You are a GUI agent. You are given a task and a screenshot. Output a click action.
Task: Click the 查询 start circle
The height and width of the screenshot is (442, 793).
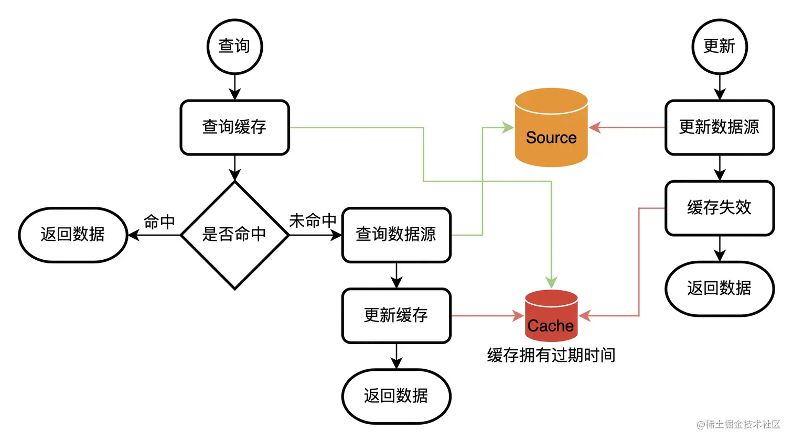pos(234,47)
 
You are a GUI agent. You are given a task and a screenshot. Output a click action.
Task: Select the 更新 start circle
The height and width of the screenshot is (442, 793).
pos(719,47)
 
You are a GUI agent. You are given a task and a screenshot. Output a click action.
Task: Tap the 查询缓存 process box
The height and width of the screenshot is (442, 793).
pos(234,127)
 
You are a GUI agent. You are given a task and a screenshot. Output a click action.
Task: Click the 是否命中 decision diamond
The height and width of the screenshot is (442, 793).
pos(234,235)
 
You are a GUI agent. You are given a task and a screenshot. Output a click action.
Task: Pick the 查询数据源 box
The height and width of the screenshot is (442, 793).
pos(396,235)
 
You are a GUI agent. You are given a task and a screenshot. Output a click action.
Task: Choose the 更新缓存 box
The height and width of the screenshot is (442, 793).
pos(396,315)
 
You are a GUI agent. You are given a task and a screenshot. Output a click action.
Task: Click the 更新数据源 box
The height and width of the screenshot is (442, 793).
pos(719,127)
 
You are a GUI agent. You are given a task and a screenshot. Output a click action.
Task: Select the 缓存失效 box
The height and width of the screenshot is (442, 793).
pos(719,208)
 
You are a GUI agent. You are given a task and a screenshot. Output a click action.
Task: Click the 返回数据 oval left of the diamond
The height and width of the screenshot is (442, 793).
pos(73,235)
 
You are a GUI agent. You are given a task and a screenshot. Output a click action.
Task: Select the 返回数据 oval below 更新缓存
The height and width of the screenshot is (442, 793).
pos(396,396)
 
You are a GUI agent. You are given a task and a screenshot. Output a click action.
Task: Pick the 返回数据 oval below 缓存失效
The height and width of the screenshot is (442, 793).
pos(719,289)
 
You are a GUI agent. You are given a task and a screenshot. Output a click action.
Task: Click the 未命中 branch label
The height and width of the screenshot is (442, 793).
pos(313,221)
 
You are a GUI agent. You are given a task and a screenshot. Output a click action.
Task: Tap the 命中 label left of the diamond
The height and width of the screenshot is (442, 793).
pos(159,222)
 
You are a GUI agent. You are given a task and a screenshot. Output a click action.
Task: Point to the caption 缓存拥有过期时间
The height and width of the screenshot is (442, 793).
pos(551,356)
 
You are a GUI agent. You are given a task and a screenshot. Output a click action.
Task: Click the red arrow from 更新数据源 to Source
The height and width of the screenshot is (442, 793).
pos(627,127)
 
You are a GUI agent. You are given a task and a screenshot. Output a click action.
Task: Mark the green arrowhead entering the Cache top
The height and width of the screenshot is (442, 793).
pos(551,282)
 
